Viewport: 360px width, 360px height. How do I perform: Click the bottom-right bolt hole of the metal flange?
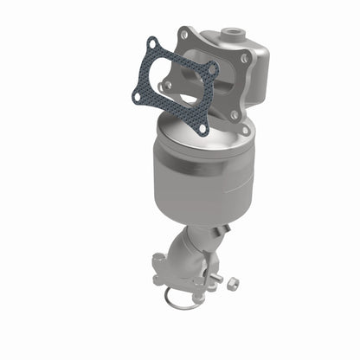coord(234,114)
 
